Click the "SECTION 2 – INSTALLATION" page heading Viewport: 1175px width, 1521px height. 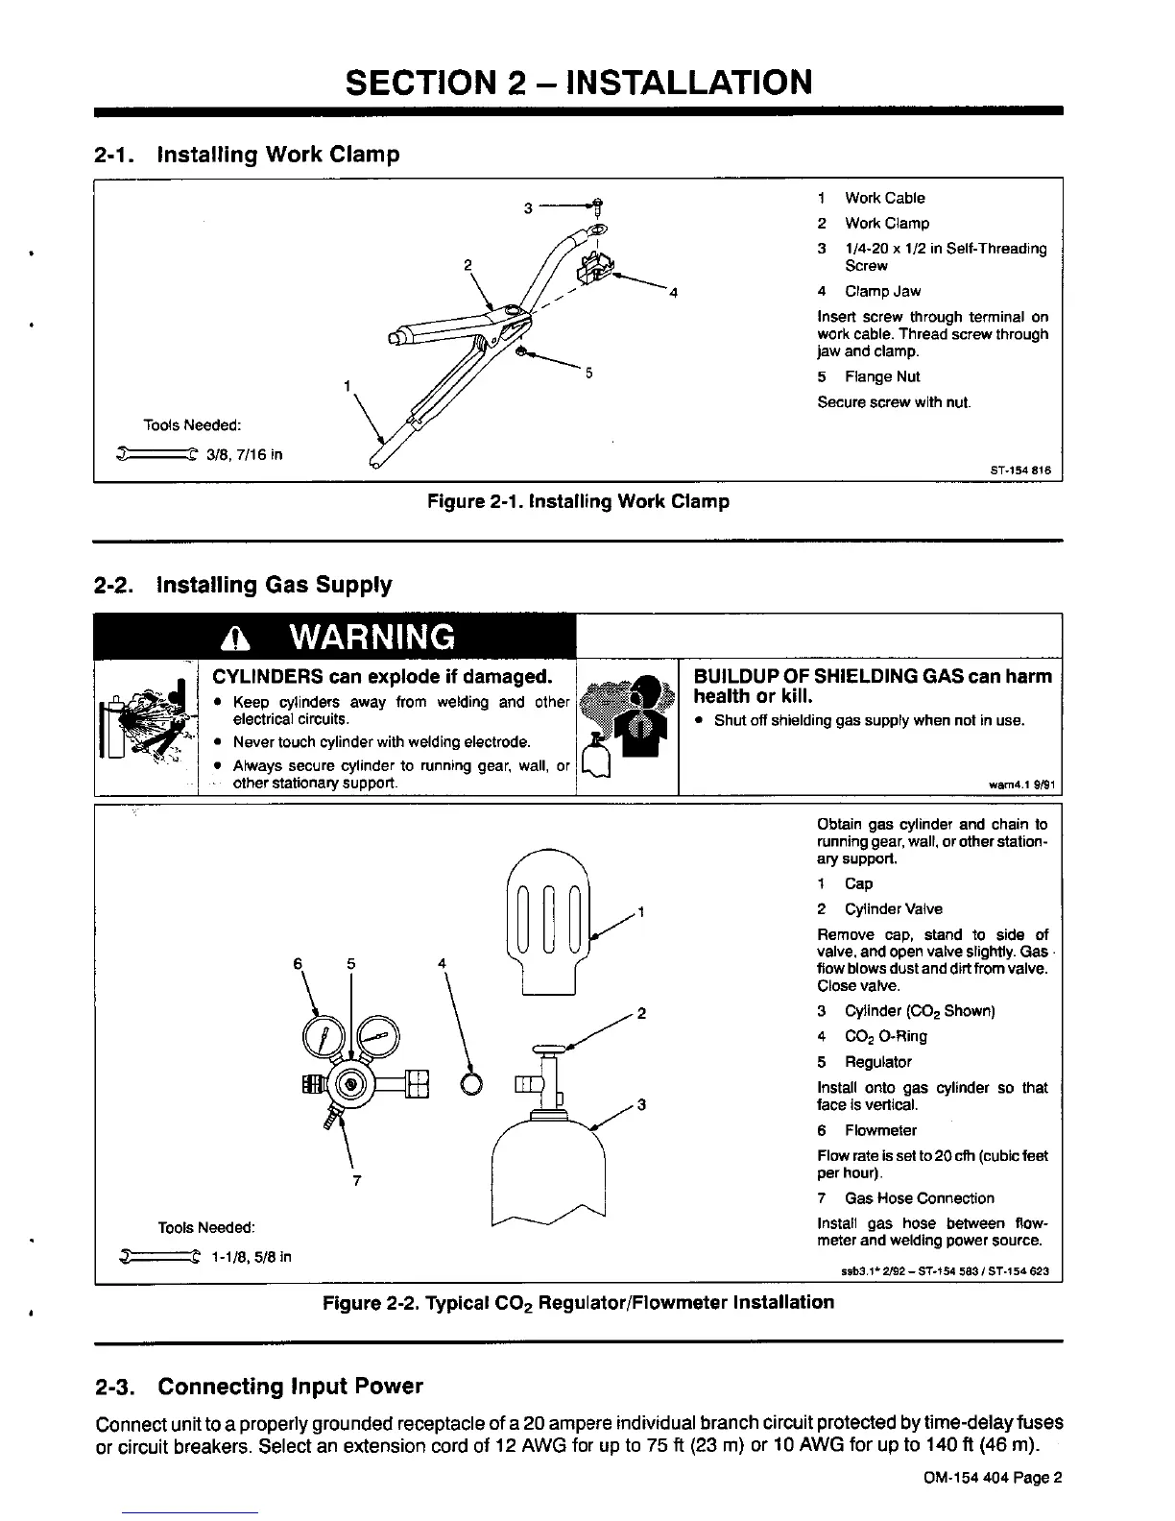(x=578, y=83)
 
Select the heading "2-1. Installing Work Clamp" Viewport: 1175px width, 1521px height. (x=247, y=155)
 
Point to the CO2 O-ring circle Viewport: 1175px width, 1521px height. (x=472, y=1082)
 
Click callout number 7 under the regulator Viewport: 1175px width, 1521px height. (x=356, y=1181)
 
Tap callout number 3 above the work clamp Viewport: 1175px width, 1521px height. (x=527, y=206)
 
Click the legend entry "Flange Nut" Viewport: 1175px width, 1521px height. (x=881, y=376)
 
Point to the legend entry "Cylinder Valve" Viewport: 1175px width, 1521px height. (x=893, y=909)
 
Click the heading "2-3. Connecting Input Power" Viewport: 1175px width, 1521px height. (x=259, y=1387)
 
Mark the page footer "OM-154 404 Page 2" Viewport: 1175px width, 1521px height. (x=989, y=1479)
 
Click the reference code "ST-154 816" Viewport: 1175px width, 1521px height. (x=1019, y=471)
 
